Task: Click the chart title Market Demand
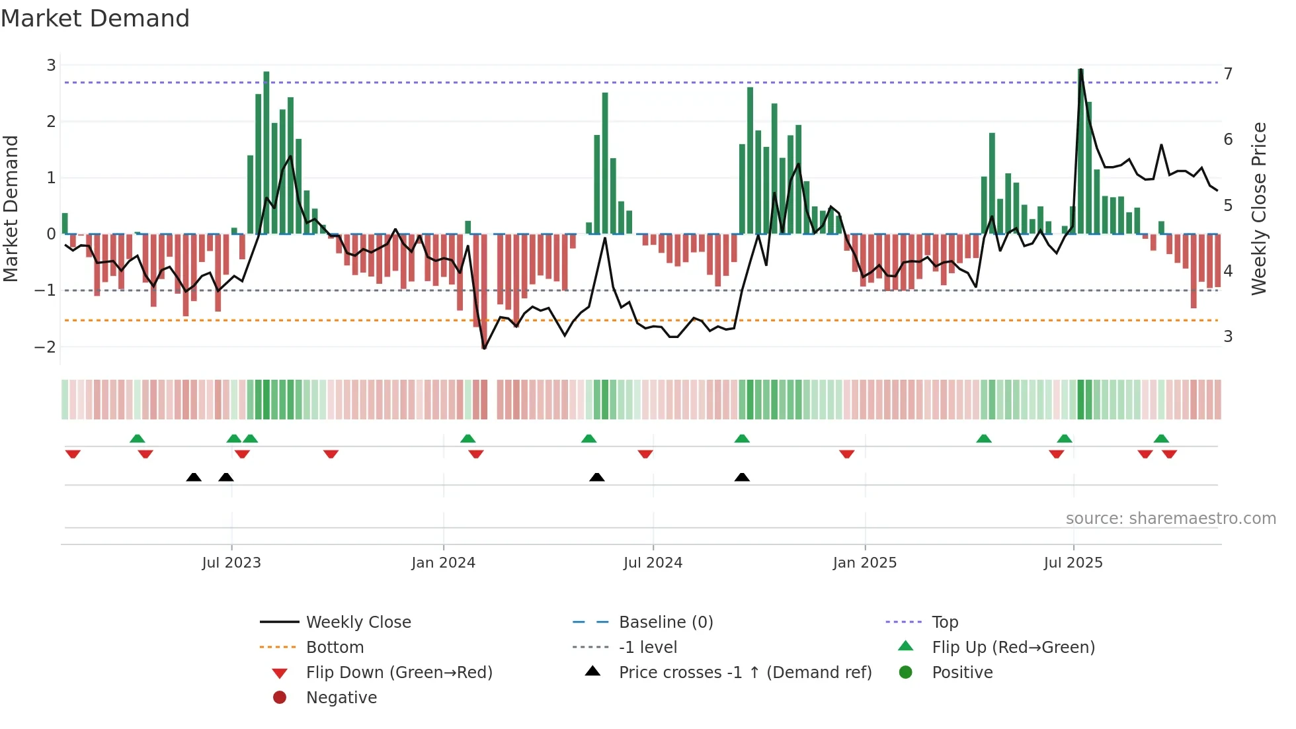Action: pyautogui.click(x=95, y=19)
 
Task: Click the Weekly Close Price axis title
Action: pyautogui.click(x=1259, y=208)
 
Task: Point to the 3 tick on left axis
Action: pyautogui.click(x=51, y=65)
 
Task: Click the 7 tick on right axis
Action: pyautogui.click(x=1228, y=73)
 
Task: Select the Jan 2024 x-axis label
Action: pyautogui.click(x=443, y=563)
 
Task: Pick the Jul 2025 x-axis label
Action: pyautogui.click(x=1073, y=563)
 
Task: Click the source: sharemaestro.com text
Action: pyautogui.click(x=1170, y=519)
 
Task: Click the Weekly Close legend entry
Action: pyautogui.click(x=358, y=622)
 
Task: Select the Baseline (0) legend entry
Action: pyautogui.click(x=665, y=622)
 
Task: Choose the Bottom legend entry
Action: pyautogui.click(x=335, y=648)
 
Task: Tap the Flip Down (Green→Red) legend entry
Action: pyautogui.click(x=399, y=673)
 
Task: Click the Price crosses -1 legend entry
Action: pyautogui.click(x=745, y=673)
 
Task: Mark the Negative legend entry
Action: pyautogui.click(x=341, y=698)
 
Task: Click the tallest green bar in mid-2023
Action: pyautogui.click(x=266, y=152)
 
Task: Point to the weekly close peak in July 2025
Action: pyautogui.click(x=1080, y=70)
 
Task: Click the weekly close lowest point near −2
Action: pyautogui.click(x=484, y=348)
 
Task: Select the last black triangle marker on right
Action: pyautogui.click(x=742, y=477)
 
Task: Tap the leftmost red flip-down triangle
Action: pyautogui.click(x=73, y=454)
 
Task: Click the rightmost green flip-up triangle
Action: pyautogui.click(x=1161, y=439)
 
